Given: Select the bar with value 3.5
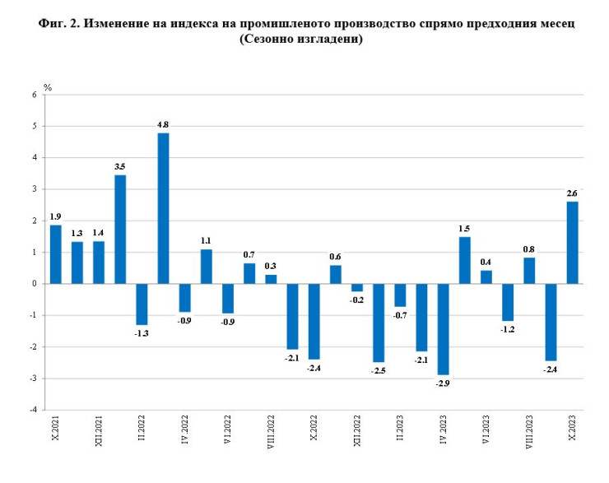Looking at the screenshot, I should point(120,230).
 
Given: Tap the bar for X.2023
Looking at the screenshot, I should point(572,243).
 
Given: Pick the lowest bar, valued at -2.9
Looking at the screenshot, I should point(443,329).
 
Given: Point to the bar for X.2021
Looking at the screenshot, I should point(56,254).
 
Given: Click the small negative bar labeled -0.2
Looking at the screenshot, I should point(357,287).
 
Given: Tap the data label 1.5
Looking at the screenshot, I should point(464,228).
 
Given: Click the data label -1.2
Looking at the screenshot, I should point(508,330).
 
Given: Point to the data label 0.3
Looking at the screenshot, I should point(271,266).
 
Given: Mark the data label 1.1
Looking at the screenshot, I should point(207,240).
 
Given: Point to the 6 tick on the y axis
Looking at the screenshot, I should point(35,95).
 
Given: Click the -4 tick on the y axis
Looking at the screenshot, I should point(33,410).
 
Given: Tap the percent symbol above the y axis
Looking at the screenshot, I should point(48,86).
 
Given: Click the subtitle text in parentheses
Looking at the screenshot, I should point(302,39).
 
